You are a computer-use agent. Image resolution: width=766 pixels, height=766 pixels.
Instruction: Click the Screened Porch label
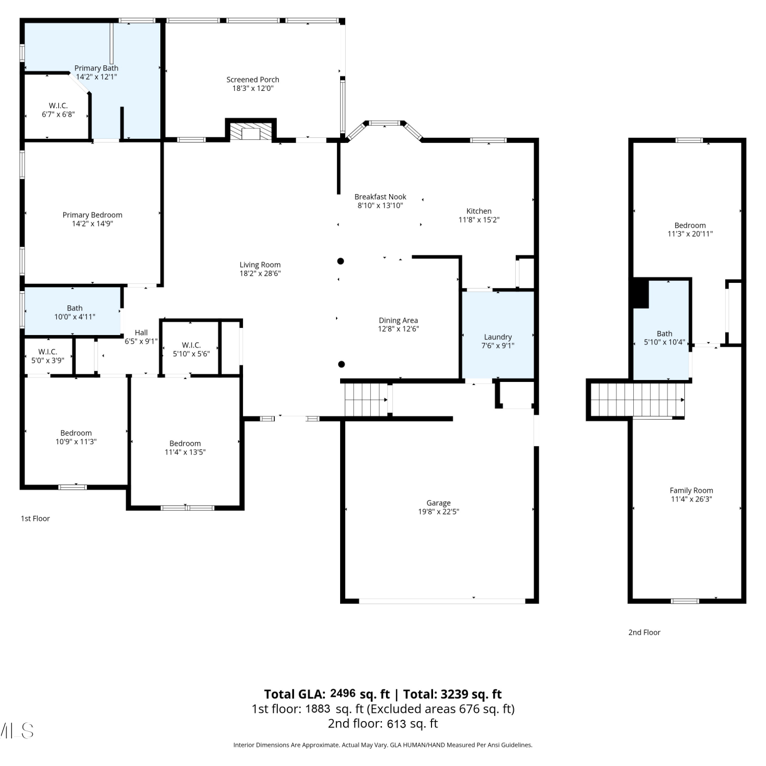pyautogui.click(x=253, y=80)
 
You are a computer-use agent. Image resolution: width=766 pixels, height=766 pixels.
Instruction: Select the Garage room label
pyautogui.click(x=439, y=503)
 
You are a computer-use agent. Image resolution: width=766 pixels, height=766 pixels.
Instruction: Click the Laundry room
pyautogui.click(x=498, y=335)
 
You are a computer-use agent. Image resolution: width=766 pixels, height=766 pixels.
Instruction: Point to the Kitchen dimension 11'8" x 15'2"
pyautogui.click(x=479, y=220)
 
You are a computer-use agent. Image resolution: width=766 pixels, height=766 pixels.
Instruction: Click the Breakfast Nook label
pyautogui.click(x=380, y=197)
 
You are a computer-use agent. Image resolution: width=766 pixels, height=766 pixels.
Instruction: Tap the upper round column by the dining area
pyautogui.click(x=341, y=261)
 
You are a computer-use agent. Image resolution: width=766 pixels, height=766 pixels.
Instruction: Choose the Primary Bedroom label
pyautogui.click(x=92, y=215)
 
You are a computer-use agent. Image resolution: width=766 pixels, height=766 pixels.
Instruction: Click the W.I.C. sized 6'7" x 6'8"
pyautogui.click(x=57, y=107)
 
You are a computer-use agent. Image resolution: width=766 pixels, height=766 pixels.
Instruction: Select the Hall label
pyautogui.click(x=141, y=332)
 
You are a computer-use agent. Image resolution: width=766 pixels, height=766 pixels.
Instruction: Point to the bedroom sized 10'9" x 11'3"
pyautogui.click(x=76, y=432)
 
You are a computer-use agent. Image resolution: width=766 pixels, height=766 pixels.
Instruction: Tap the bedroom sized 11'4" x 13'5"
pyautogui.click(x=185, y=442)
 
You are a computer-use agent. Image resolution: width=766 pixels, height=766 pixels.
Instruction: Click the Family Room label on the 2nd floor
pyautogui.click(x=691, y=490)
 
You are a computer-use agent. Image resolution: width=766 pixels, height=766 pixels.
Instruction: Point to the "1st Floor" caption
pyautogui.click(x=35, y=518)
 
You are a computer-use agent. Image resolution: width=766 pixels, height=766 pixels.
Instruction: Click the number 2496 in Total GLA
pyautogui.click(x=343, y=693)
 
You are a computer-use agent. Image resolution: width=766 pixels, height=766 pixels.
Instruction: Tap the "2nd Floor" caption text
pyautogui.click(x=644, y=632)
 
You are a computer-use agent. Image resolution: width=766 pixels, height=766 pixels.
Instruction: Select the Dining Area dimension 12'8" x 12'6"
pyautogui.click(x=398, y=329)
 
